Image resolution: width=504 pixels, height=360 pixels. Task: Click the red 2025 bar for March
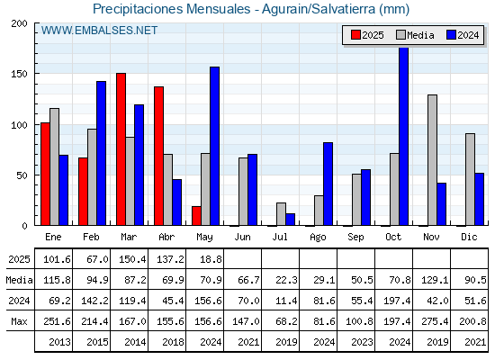121,149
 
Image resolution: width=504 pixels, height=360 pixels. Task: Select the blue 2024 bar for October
404,136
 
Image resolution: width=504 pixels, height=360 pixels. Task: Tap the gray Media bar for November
432,160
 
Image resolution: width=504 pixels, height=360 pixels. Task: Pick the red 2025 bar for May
196,216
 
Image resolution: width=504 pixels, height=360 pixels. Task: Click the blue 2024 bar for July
290,220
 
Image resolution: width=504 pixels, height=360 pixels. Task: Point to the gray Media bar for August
319,211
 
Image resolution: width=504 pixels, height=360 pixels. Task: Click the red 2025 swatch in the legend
355,35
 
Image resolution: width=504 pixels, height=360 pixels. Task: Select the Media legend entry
415,35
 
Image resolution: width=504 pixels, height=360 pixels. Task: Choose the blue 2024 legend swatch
451,35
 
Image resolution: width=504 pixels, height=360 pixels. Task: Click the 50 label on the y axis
22,175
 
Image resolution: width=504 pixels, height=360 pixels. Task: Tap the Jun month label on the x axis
242,238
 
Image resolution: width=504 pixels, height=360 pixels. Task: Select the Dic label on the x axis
469,237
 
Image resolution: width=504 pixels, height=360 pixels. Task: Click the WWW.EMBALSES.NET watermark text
99,31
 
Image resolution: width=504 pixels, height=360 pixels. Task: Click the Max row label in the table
19,321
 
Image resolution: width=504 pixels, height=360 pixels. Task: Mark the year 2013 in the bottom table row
59,342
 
